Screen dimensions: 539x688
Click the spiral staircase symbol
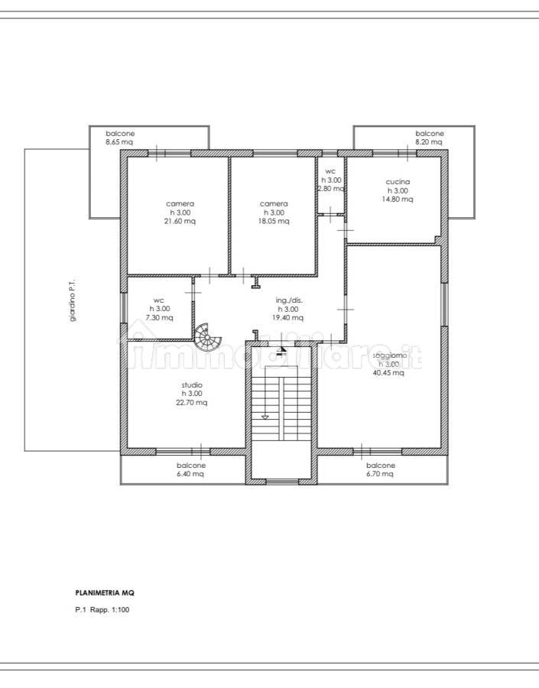click(x=208, y=337)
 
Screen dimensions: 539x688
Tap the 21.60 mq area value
click(x=180, y=221)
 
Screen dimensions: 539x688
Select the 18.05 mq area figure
click(x=274, y=221)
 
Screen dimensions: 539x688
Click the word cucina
click(x=398, y=182)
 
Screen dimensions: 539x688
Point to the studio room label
click(x=192, y=385)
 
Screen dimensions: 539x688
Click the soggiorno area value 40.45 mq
click(x=388, y=373)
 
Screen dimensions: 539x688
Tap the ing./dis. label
click(x=289, y=300)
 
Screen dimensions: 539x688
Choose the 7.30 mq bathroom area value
click(x=159, y=318)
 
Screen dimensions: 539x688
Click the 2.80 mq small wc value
click(x=330, y=189)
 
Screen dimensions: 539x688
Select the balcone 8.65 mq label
click(x=120, y=138)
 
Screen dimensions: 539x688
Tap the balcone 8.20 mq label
click(x=429, y=138)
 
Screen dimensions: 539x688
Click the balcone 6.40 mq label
click(x=190, y=469)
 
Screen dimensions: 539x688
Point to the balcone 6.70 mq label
click(x=381, y=469)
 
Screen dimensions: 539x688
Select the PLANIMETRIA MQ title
click(x=105, y=592)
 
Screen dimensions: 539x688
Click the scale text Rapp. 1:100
click(x=110, y=609)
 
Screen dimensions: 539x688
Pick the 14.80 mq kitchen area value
click(x=398, y=200)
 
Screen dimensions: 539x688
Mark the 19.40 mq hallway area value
click(x=287, y=318)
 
